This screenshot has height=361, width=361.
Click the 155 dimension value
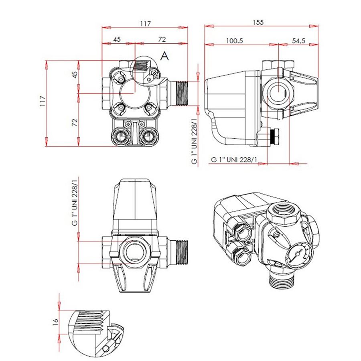coord(258,22)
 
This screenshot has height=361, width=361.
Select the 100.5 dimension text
coord(234,41)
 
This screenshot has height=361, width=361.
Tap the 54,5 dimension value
coord(298,41)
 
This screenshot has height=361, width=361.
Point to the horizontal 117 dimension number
coord(145,24)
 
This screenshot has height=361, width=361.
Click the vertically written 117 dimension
coord(43,101)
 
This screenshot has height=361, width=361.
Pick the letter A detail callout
coord(164,56)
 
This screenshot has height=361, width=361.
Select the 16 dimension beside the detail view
coord(55,322)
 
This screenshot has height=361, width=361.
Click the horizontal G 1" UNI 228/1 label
coord(234,159)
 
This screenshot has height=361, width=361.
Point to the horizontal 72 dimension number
coord(162,39)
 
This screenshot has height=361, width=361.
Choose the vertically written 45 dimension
coord(75,75)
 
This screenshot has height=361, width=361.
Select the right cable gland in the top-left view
coord(148,136)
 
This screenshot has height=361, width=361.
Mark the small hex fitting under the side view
coord(274,137)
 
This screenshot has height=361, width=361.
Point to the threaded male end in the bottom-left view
coord(182,253)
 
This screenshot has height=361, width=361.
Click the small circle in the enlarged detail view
coord(106,349)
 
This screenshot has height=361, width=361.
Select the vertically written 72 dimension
coord(75,122)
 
